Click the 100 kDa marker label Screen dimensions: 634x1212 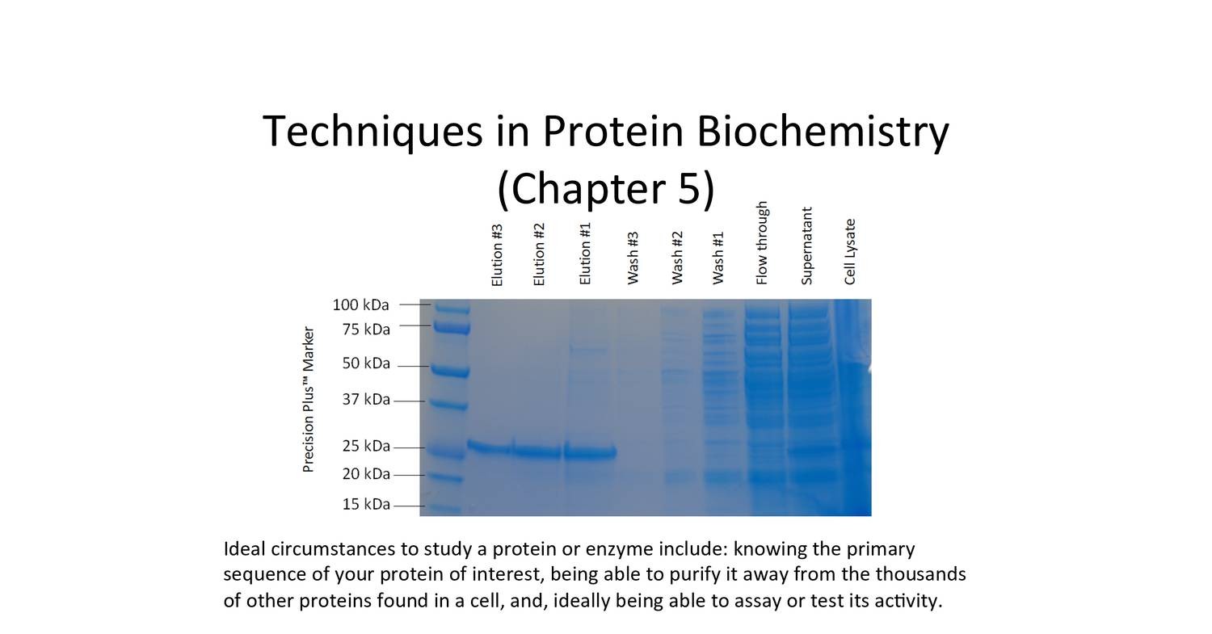tap(360, 305)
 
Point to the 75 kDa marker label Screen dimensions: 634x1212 tap(365, 330)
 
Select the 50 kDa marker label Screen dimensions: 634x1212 tap(365, 363)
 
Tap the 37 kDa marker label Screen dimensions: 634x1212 tap(365, 400)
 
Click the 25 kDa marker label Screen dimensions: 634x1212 tap(365, 446)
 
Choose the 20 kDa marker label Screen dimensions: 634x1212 tap(365, 474)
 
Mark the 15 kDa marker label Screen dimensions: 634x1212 tap(365, 505)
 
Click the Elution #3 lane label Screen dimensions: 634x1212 tap(497, 254)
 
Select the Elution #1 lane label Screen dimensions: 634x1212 tap(586, 254)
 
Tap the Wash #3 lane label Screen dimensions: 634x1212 tap(633, 258)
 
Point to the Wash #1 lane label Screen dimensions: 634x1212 tap(718, 258)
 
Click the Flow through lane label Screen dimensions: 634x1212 tap(762, 243)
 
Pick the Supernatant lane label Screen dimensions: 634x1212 tap(806, 246)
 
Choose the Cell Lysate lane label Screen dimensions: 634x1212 tap(849, 251)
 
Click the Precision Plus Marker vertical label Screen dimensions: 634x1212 tap(308, 399)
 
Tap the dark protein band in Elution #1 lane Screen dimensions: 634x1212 tap(590, 452)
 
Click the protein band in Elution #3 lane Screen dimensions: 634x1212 tap(489, 447)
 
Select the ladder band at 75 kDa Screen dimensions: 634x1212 tap(451, 327)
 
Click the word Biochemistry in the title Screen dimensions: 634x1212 tap(822, 131)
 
